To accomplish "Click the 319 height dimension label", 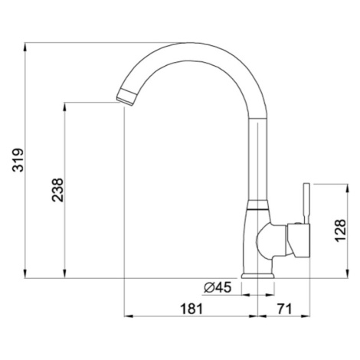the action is point(18,160).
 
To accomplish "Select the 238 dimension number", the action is point(57,190).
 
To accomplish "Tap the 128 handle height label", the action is point(340,231).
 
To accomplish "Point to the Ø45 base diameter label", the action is point(218,287).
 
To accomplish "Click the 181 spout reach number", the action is point(191,309).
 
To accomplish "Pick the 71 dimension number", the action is point(284,309).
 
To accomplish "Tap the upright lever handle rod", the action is point(306,204).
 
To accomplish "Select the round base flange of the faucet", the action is point(258,276).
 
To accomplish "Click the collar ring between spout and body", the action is point(258,205).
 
